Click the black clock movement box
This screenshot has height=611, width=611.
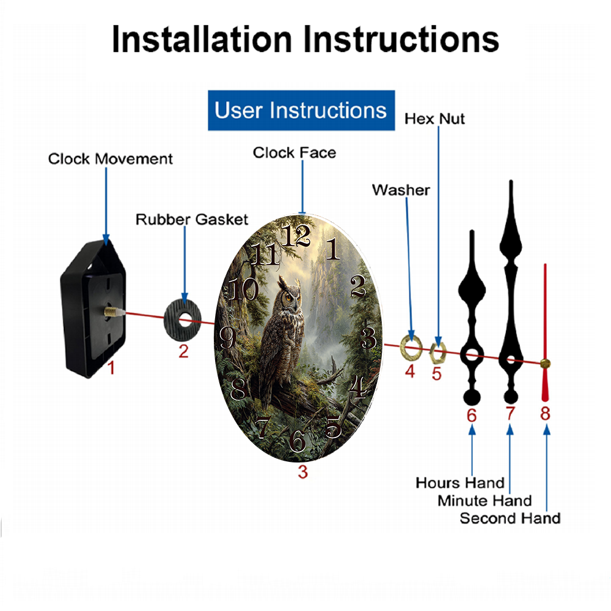93,308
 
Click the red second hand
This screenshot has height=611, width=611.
545,331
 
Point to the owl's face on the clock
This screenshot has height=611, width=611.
290,296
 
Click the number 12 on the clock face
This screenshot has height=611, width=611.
296,235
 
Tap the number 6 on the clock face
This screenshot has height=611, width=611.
298,441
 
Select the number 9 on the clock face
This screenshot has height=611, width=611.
227,337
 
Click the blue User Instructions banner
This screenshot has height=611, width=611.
301,110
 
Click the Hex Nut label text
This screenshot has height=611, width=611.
434,119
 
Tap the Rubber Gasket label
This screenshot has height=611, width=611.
192,219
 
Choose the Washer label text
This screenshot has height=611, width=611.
401,190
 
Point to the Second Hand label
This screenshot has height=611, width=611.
510,518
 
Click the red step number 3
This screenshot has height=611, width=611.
303,472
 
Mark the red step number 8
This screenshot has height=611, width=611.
545,414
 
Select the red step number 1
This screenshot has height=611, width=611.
111,368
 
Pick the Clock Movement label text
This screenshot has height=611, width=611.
110,159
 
